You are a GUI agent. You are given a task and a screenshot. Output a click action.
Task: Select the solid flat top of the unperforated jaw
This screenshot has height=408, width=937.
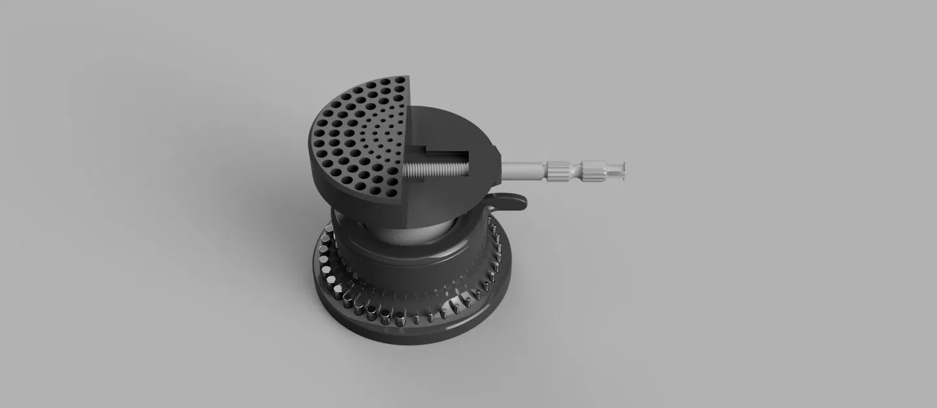pyautogui.click(x=456, y=127)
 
